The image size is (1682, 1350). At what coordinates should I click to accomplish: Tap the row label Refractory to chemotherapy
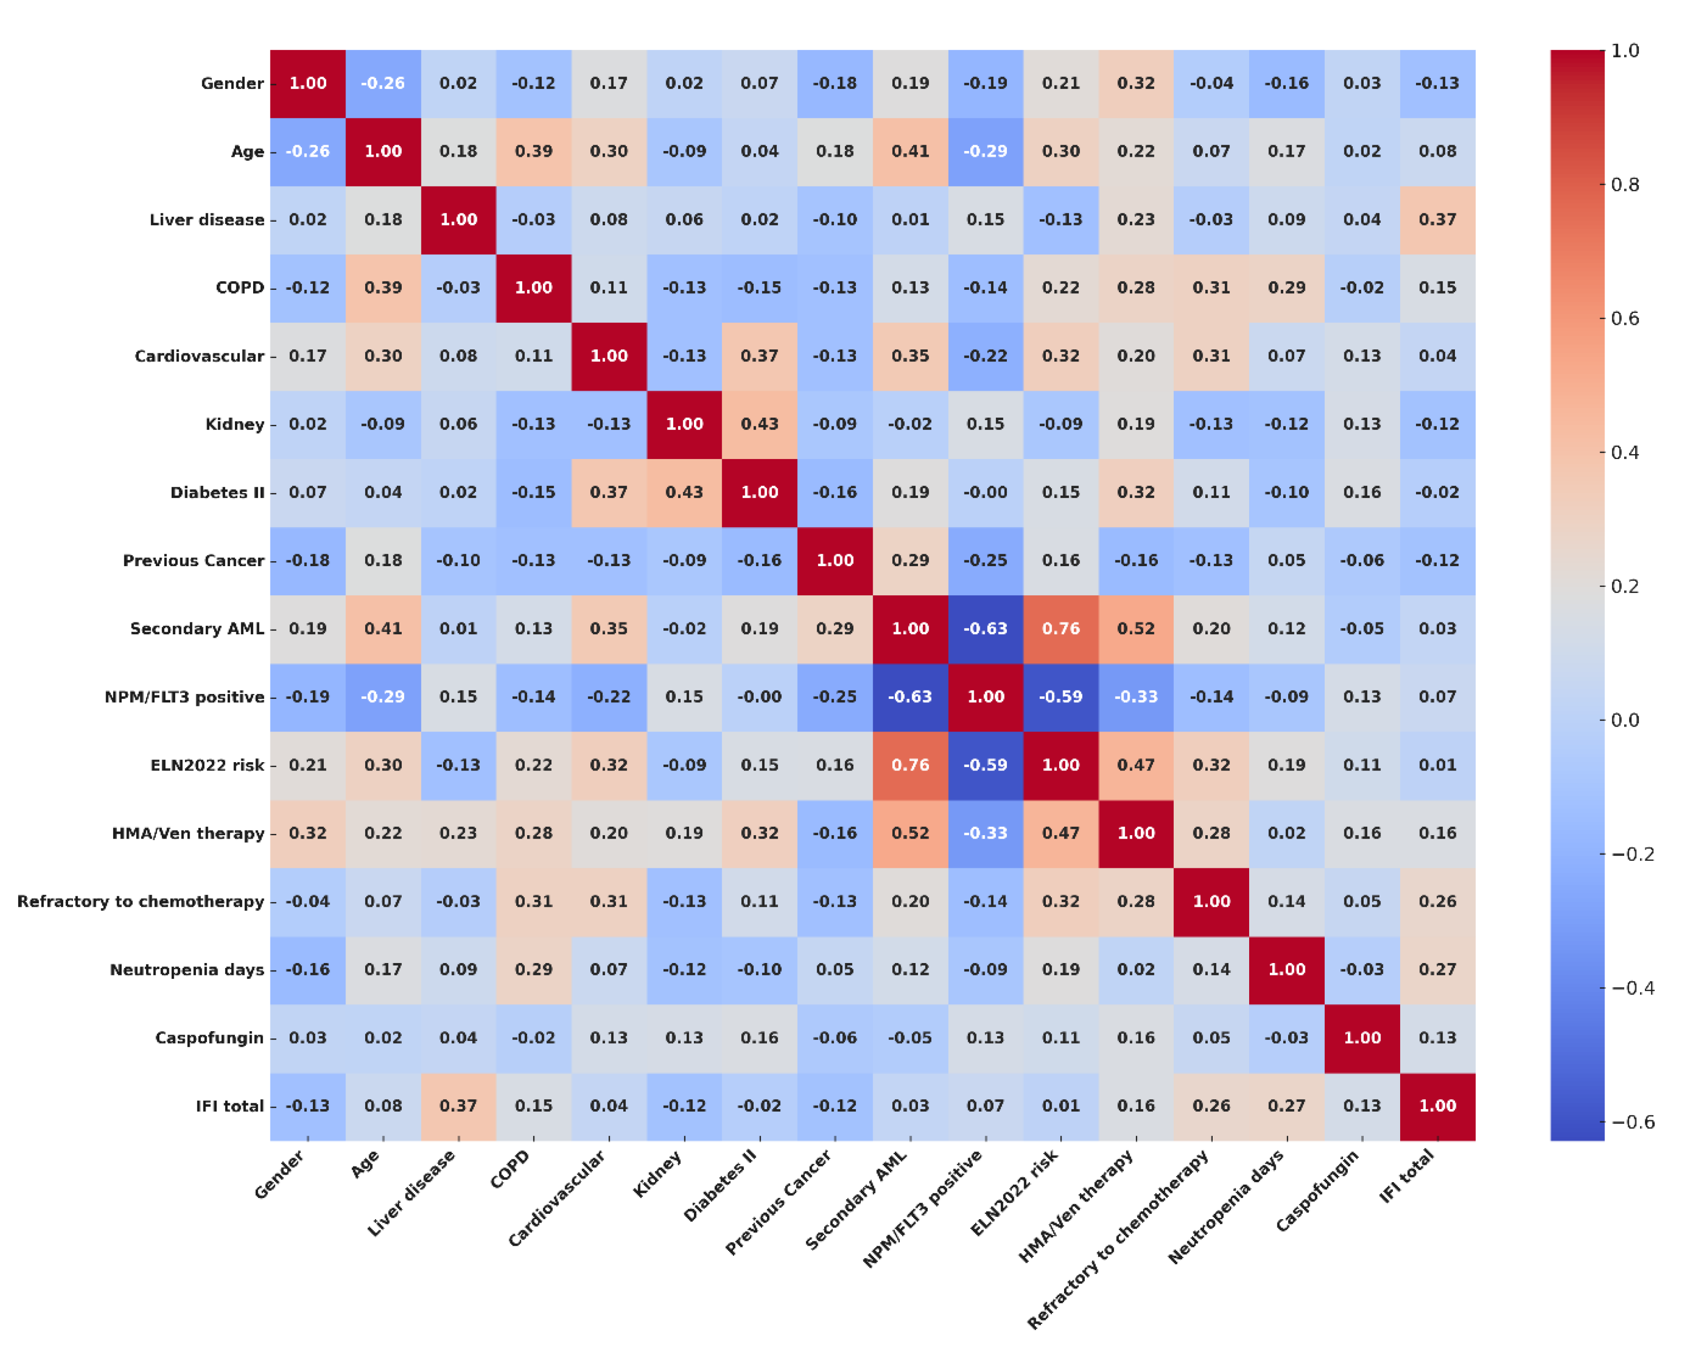pos(141,901)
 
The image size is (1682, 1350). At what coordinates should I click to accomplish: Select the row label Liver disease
pos(207,219)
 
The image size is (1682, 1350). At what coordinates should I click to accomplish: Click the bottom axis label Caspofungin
pos(1318,1192)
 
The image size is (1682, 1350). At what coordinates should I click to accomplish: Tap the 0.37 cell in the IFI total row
pos(458,1106)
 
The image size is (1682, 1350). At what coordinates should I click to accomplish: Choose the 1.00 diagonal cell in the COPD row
pos(534,287)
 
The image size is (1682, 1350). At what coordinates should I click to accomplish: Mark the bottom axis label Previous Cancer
pos(779,1202)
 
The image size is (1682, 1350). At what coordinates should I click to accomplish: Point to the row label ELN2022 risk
pos(207,765)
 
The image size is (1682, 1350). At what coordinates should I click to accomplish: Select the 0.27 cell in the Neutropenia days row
pos(1437,969)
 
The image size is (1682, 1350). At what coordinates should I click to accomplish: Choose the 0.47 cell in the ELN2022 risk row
pos(1136,765)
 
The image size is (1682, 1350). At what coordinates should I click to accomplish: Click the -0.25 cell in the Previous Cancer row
pos(985,560)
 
